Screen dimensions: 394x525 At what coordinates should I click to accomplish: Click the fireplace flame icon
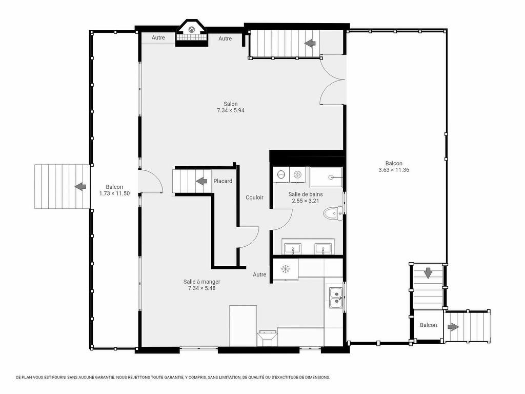click(x=192, y=30)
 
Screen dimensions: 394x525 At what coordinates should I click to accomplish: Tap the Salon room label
click(x=230, y=104)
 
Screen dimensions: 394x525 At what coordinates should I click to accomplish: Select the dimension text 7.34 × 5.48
click(x=201, y=288)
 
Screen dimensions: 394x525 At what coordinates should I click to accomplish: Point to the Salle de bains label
click(x=305, y=194)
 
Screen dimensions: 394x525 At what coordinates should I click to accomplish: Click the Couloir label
click(x=254, y=198)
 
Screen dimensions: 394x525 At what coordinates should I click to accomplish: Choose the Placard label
click(x=223, y=181)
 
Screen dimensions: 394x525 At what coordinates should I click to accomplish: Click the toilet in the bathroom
click(x=334, y=213)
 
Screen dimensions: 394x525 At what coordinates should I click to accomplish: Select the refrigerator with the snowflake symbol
click(x=286, y=269)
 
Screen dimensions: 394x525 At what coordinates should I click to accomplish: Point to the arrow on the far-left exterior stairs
click(x=80, y=186)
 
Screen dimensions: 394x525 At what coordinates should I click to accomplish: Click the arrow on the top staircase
click(x=310, y=43)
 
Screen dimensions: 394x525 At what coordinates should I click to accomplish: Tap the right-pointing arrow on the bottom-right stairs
click(x=453, y=327)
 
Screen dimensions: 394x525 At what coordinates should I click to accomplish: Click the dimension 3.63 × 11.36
click(x=394, y=170)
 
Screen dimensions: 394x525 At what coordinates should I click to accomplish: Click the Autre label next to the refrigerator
click(x=259, y=274)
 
